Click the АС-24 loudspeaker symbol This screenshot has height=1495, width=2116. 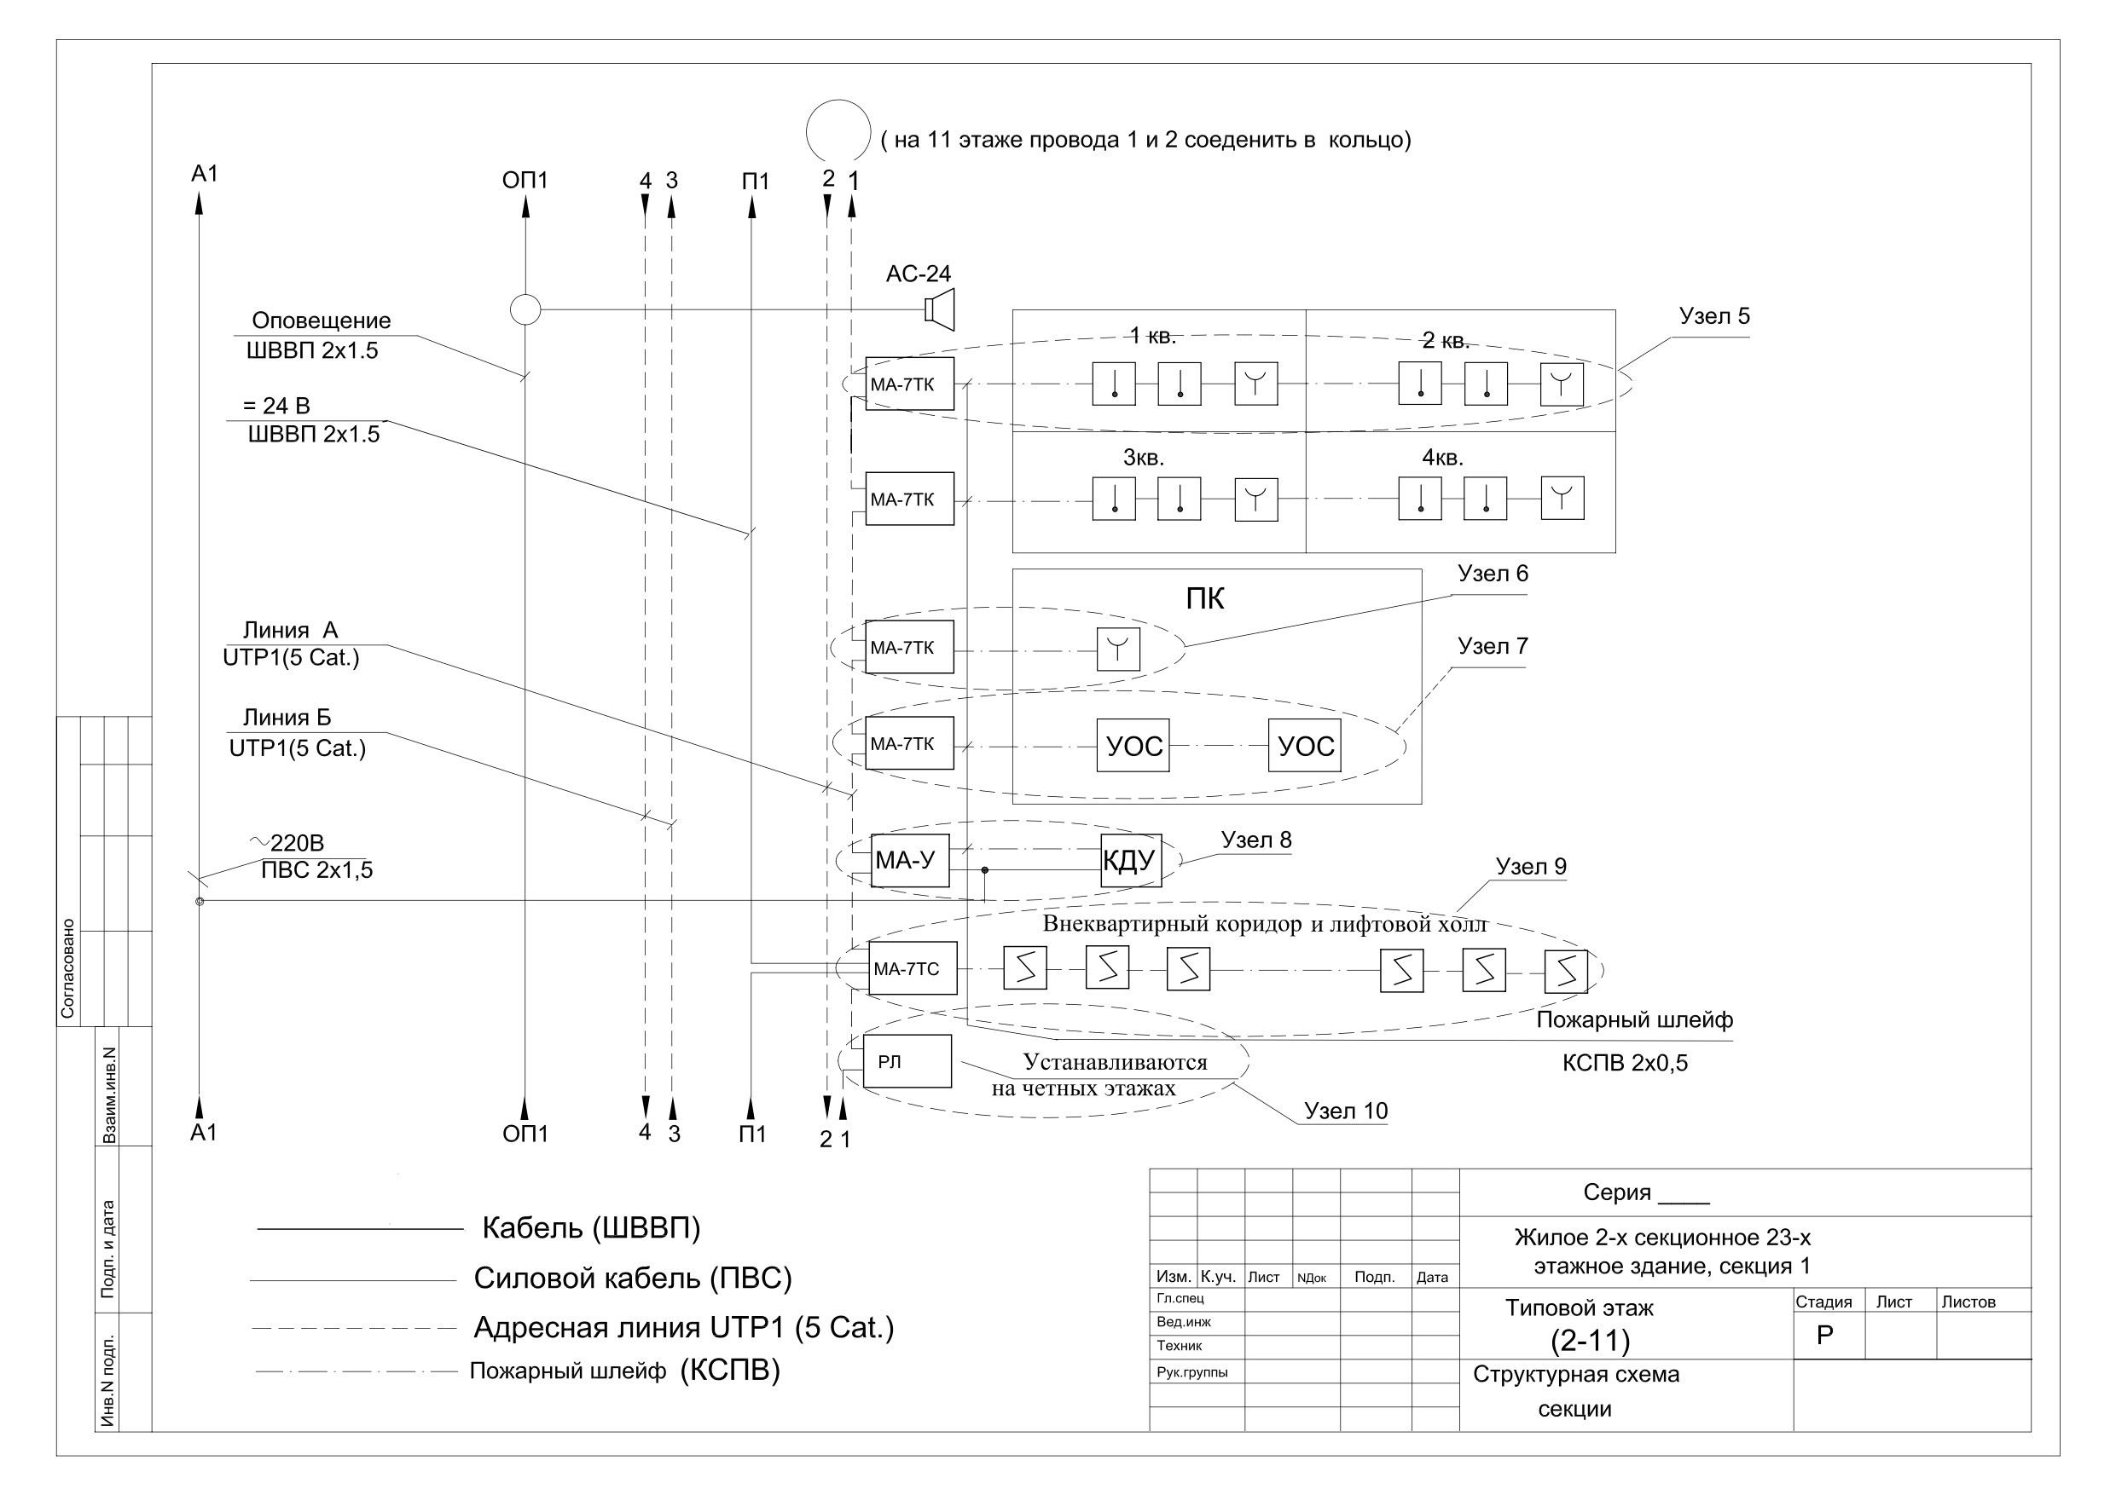940,309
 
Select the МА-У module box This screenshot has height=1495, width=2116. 910,860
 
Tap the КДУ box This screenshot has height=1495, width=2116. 1131,860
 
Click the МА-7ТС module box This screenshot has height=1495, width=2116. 913,968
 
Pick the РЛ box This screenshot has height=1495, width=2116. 907,1061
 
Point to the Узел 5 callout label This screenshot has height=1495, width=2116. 1714,316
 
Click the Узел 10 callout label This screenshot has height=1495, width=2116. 1346,1111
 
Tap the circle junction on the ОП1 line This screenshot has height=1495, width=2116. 525,309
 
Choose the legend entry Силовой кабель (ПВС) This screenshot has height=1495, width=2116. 632,1279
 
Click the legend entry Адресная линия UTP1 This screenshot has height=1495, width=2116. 683,1327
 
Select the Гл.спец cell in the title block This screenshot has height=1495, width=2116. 1180,1298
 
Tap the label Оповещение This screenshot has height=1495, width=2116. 321,320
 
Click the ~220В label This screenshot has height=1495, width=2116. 287,843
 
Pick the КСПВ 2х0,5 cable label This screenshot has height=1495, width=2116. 1625,1063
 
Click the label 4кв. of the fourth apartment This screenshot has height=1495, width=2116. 1442,458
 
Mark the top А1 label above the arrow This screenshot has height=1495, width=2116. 205,173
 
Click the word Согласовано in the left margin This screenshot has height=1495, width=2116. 67,968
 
